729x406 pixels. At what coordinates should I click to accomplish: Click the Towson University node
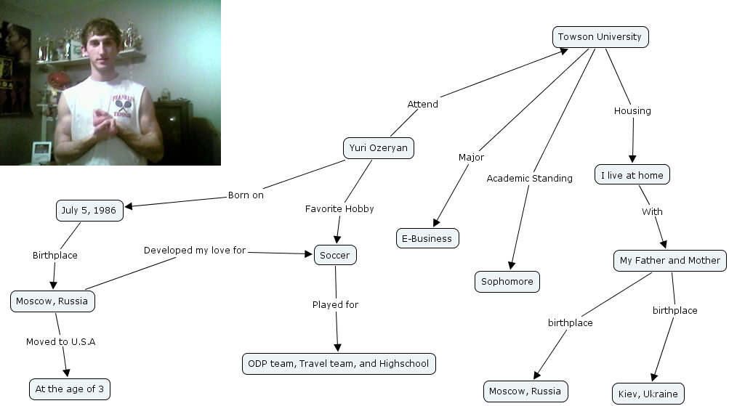(600, 37)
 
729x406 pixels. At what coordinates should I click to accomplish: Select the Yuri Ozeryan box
(378, 149)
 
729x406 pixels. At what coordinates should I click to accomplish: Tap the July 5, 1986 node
(89, 211)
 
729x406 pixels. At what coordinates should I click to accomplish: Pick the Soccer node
(335, 256)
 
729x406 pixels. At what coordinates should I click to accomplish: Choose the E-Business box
(427, 238)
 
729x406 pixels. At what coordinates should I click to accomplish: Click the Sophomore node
(507, 282)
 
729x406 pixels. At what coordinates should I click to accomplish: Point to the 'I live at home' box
(632, 175)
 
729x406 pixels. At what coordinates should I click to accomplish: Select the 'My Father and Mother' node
(669, 260)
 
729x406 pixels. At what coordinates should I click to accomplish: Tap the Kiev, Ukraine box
(648, 394)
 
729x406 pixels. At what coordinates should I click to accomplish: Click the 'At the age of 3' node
(70, 389)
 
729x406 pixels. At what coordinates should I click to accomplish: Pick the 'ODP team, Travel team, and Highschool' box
(339, 363)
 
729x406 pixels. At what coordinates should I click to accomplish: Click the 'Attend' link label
(422, 104)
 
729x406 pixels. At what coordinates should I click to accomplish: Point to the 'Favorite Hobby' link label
(339, 208)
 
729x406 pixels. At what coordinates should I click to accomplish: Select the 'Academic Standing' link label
(529, 178)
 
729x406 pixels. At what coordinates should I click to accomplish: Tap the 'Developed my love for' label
(195, 251)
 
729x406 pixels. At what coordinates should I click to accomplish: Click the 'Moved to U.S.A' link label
(60, 341)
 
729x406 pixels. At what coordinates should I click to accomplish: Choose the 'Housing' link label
(632, 111)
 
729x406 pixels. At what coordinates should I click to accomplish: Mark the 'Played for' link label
(335, 304)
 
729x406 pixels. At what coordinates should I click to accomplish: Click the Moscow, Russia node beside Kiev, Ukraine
(525, 391)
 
